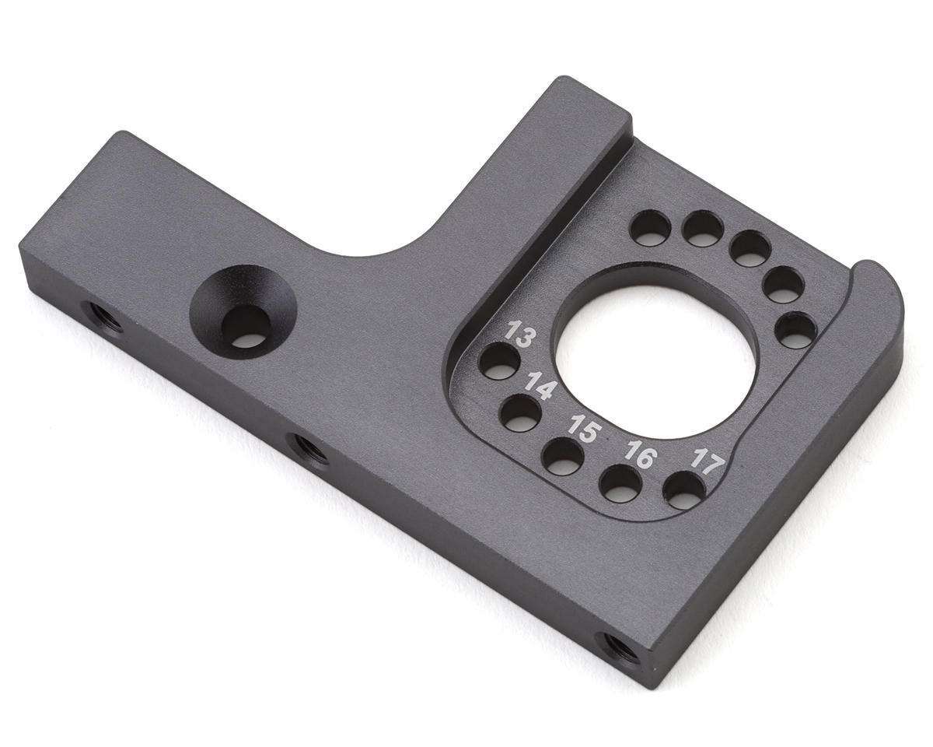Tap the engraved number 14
point(539,386)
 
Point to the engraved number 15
point(585,429)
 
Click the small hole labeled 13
point(499,361)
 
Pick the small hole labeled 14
point(520,413)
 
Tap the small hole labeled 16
point(620,484)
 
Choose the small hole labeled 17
point(683,490)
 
